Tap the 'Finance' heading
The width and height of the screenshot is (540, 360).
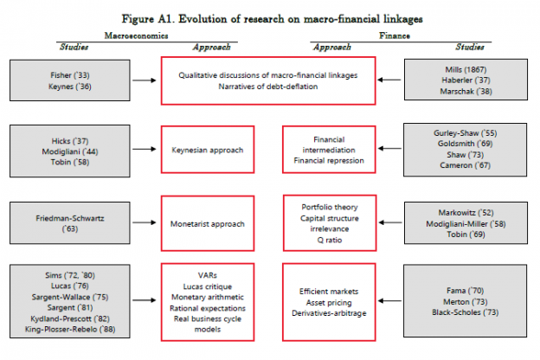(396, 35)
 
